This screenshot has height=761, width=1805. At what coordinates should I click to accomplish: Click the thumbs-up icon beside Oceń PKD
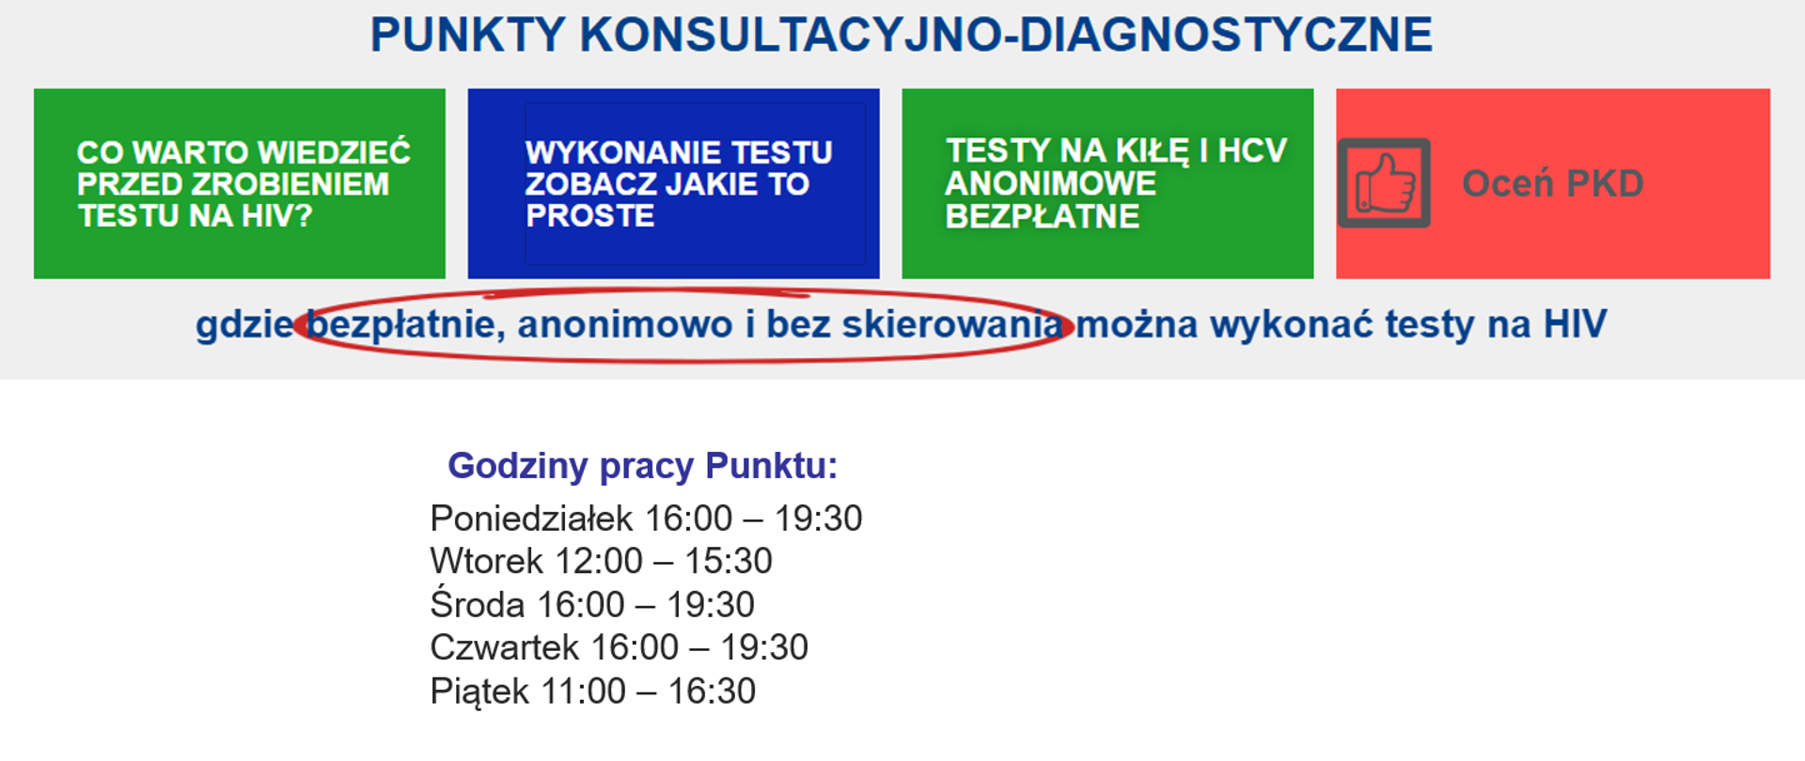tap(1384, 183)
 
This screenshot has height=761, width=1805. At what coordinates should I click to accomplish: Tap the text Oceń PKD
tap(1552, 183)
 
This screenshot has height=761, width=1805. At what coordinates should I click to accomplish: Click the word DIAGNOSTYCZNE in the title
tap(1226, 35)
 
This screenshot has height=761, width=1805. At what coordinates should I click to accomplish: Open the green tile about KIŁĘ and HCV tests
tap(1107, 183)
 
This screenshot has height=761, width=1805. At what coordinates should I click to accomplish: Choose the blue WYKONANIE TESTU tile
tap(673, 183)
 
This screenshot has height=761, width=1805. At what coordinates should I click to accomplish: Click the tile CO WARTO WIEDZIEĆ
tap(239, 183)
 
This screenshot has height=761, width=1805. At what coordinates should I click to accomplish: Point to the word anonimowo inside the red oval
tap(624, 325)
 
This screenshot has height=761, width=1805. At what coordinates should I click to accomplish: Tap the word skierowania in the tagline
tap(951, 325)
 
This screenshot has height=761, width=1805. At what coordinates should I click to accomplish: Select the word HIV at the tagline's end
tap(1575, 325)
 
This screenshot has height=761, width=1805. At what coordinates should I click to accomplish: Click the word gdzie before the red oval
tap(244, 325)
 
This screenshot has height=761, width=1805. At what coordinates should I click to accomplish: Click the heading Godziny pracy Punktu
tap(642, 466)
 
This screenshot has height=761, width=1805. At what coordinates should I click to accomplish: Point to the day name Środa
tap(477, 605)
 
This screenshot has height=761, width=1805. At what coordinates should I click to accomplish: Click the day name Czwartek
tap(503, 648)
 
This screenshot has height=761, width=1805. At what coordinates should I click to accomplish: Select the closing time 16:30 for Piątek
tap(712, 691)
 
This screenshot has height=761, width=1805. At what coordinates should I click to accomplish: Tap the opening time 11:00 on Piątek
tap(583, 691)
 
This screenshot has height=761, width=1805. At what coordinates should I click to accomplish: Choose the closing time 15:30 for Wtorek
tap(728, 562)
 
